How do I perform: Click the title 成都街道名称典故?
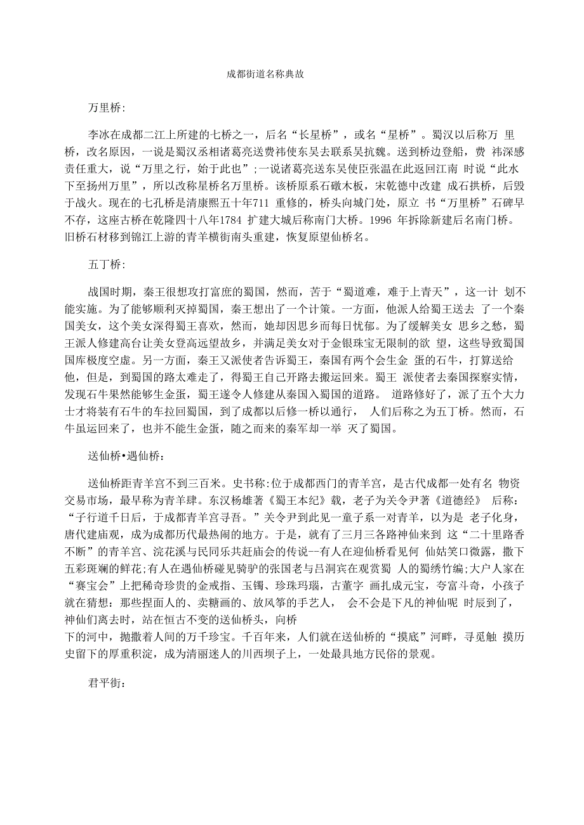tap(265, 74)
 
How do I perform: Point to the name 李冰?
tap(100, 134)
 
